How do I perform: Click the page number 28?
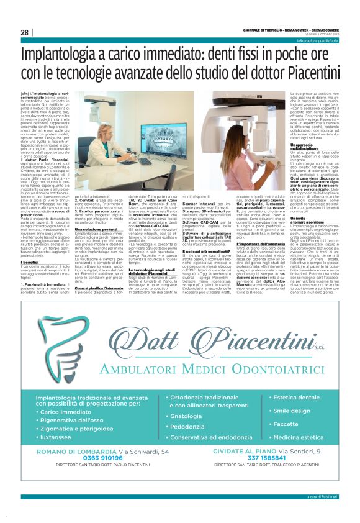[24, 32]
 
